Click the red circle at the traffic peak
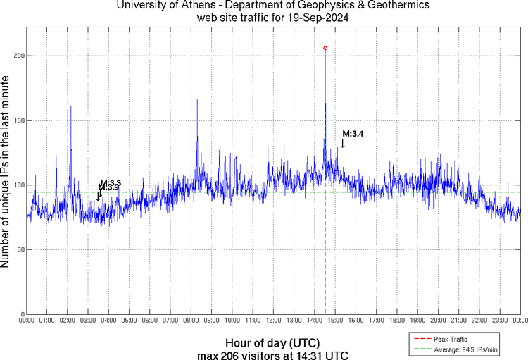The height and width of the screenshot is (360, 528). (325, 48)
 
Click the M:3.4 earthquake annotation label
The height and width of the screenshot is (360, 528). (353, 133)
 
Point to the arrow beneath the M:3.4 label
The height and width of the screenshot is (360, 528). (343, 143)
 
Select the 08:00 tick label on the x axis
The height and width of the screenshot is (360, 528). (191, 321)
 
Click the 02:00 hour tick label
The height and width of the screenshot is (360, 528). (68, 321)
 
